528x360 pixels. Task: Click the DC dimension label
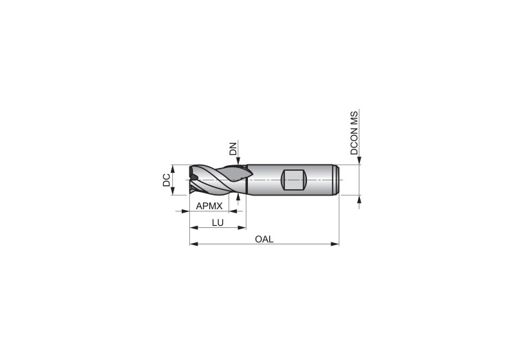(167, 180)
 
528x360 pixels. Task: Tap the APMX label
(209, 206)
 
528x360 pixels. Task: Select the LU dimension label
(218, 222)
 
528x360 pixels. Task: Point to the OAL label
(264, 239)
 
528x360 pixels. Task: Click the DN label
(233, 149)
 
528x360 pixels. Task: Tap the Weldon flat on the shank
(293, 180)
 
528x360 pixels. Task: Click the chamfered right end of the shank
(337, 180)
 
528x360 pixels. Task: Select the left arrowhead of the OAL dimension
(193, 244)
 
